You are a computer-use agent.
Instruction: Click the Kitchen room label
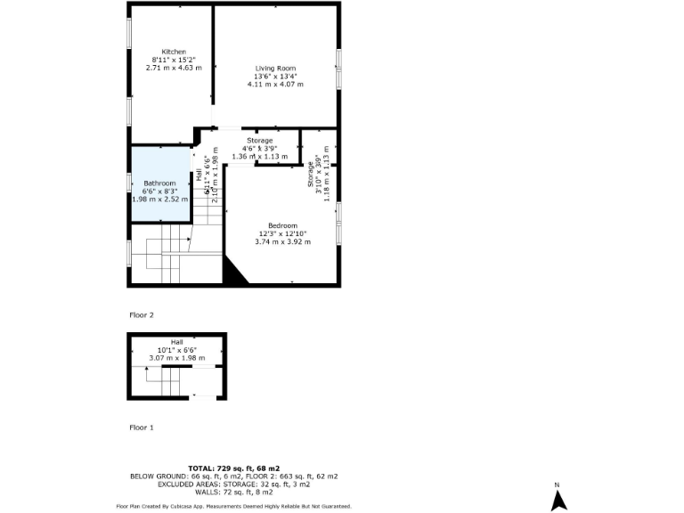[x=174, y=51]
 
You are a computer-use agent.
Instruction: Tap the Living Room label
[x=275, y=68]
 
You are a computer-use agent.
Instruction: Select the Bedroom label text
[x=282, y=225]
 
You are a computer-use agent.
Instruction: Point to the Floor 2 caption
[x=142, y=315]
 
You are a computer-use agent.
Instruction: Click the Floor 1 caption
[x=142, y=427]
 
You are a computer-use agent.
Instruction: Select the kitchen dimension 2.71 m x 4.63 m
[x=174, y=68]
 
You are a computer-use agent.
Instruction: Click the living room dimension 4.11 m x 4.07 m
[x=275, y=85]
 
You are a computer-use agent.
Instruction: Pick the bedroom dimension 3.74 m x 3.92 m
[x=282, y=242]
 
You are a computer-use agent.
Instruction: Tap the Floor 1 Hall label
[x=176, y=342]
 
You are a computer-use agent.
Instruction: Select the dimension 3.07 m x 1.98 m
[x=176, y=358]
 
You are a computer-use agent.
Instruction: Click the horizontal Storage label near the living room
[x=260, y=141]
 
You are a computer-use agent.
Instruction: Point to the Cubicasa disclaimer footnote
[x=234, y=506]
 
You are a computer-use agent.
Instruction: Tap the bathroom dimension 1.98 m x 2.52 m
[x=160, y=199]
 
